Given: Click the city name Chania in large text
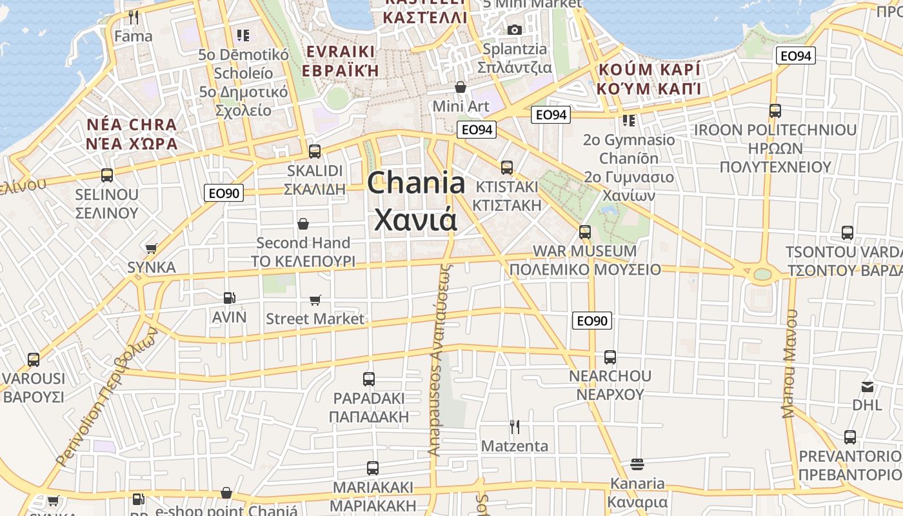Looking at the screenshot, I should [416, 184].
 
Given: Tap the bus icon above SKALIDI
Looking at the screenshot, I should [315, 152].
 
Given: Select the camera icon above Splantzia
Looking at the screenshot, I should [514, 30].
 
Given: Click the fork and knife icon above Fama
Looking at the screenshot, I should [134, 17].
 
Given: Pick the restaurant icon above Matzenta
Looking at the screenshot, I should [515, 427].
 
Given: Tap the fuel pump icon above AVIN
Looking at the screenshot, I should [229, 298].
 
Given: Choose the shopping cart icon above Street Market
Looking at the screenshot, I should [315, 300].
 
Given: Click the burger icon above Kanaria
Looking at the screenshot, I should [637, 464].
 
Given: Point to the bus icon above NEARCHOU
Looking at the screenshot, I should [610, 357].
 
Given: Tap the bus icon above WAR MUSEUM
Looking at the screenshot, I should [585, 232].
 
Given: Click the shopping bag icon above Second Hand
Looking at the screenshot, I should [303, 224].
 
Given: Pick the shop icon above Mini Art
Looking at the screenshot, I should [461, 87].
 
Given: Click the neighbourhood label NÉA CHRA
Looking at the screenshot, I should [132, 124].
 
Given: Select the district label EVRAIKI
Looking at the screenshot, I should [341, 52].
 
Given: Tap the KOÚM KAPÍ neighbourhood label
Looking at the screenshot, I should [649, 70].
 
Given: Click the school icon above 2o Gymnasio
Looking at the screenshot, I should [629, 121].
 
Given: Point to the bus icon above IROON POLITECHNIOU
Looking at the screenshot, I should [775, 111].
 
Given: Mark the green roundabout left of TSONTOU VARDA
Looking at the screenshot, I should [762, 274].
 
